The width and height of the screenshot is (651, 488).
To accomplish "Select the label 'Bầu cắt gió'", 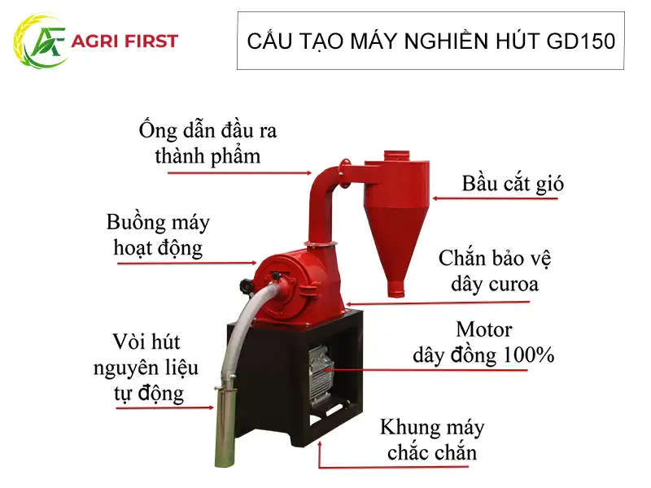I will coord(513,183).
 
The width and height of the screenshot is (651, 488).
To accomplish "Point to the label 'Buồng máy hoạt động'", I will coord(158,234).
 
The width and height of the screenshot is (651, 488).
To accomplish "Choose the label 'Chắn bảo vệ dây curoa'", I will coord(488,271).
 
